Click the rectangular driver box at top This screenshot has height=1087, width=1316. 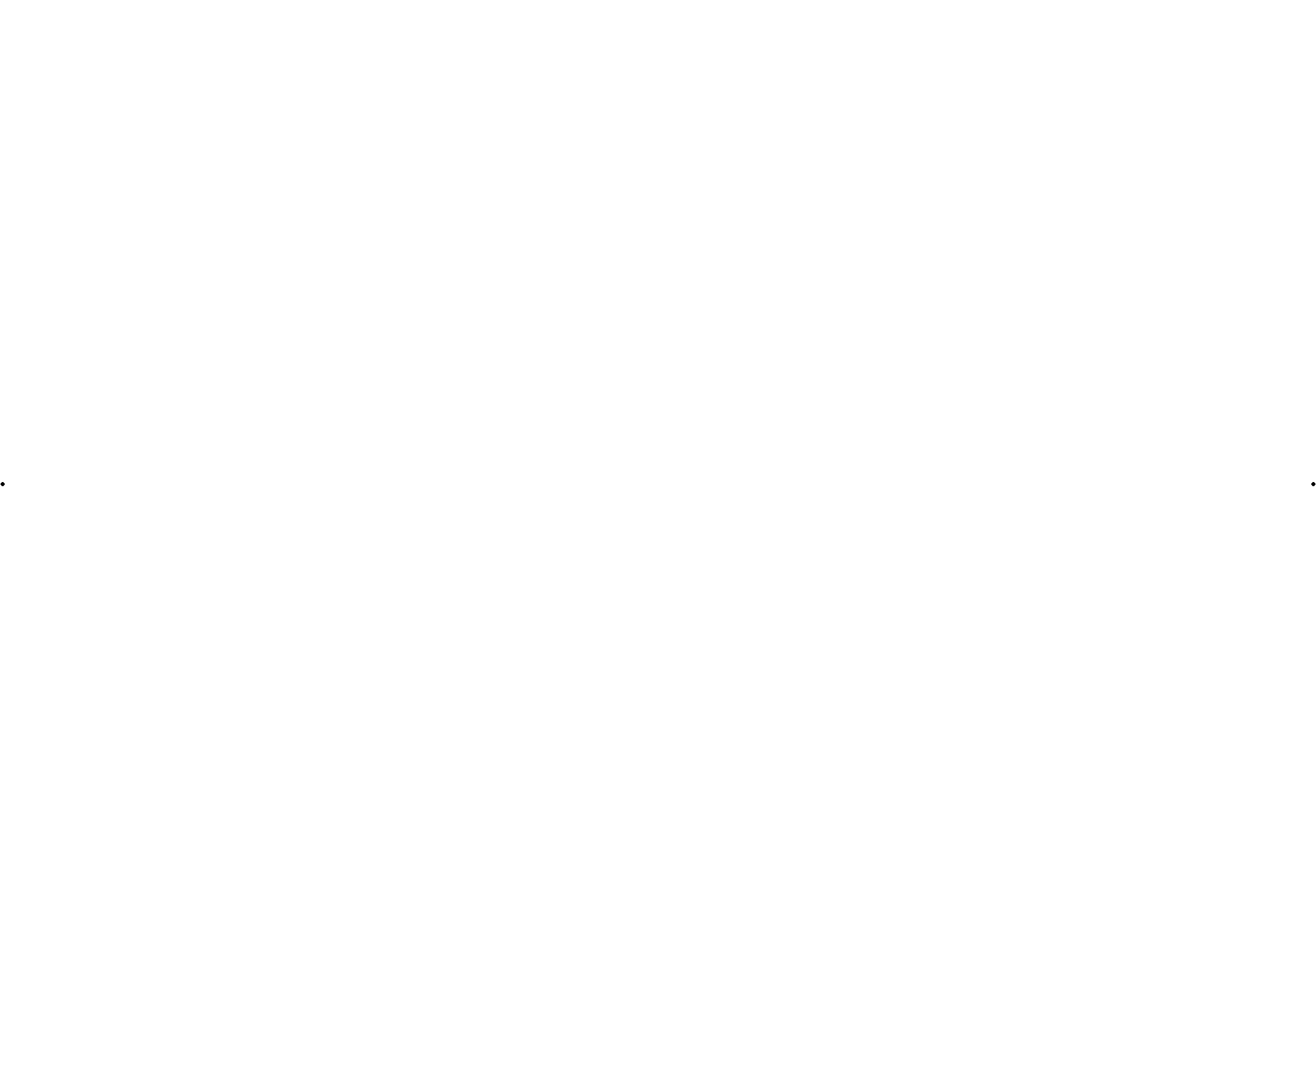[905, 249]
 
